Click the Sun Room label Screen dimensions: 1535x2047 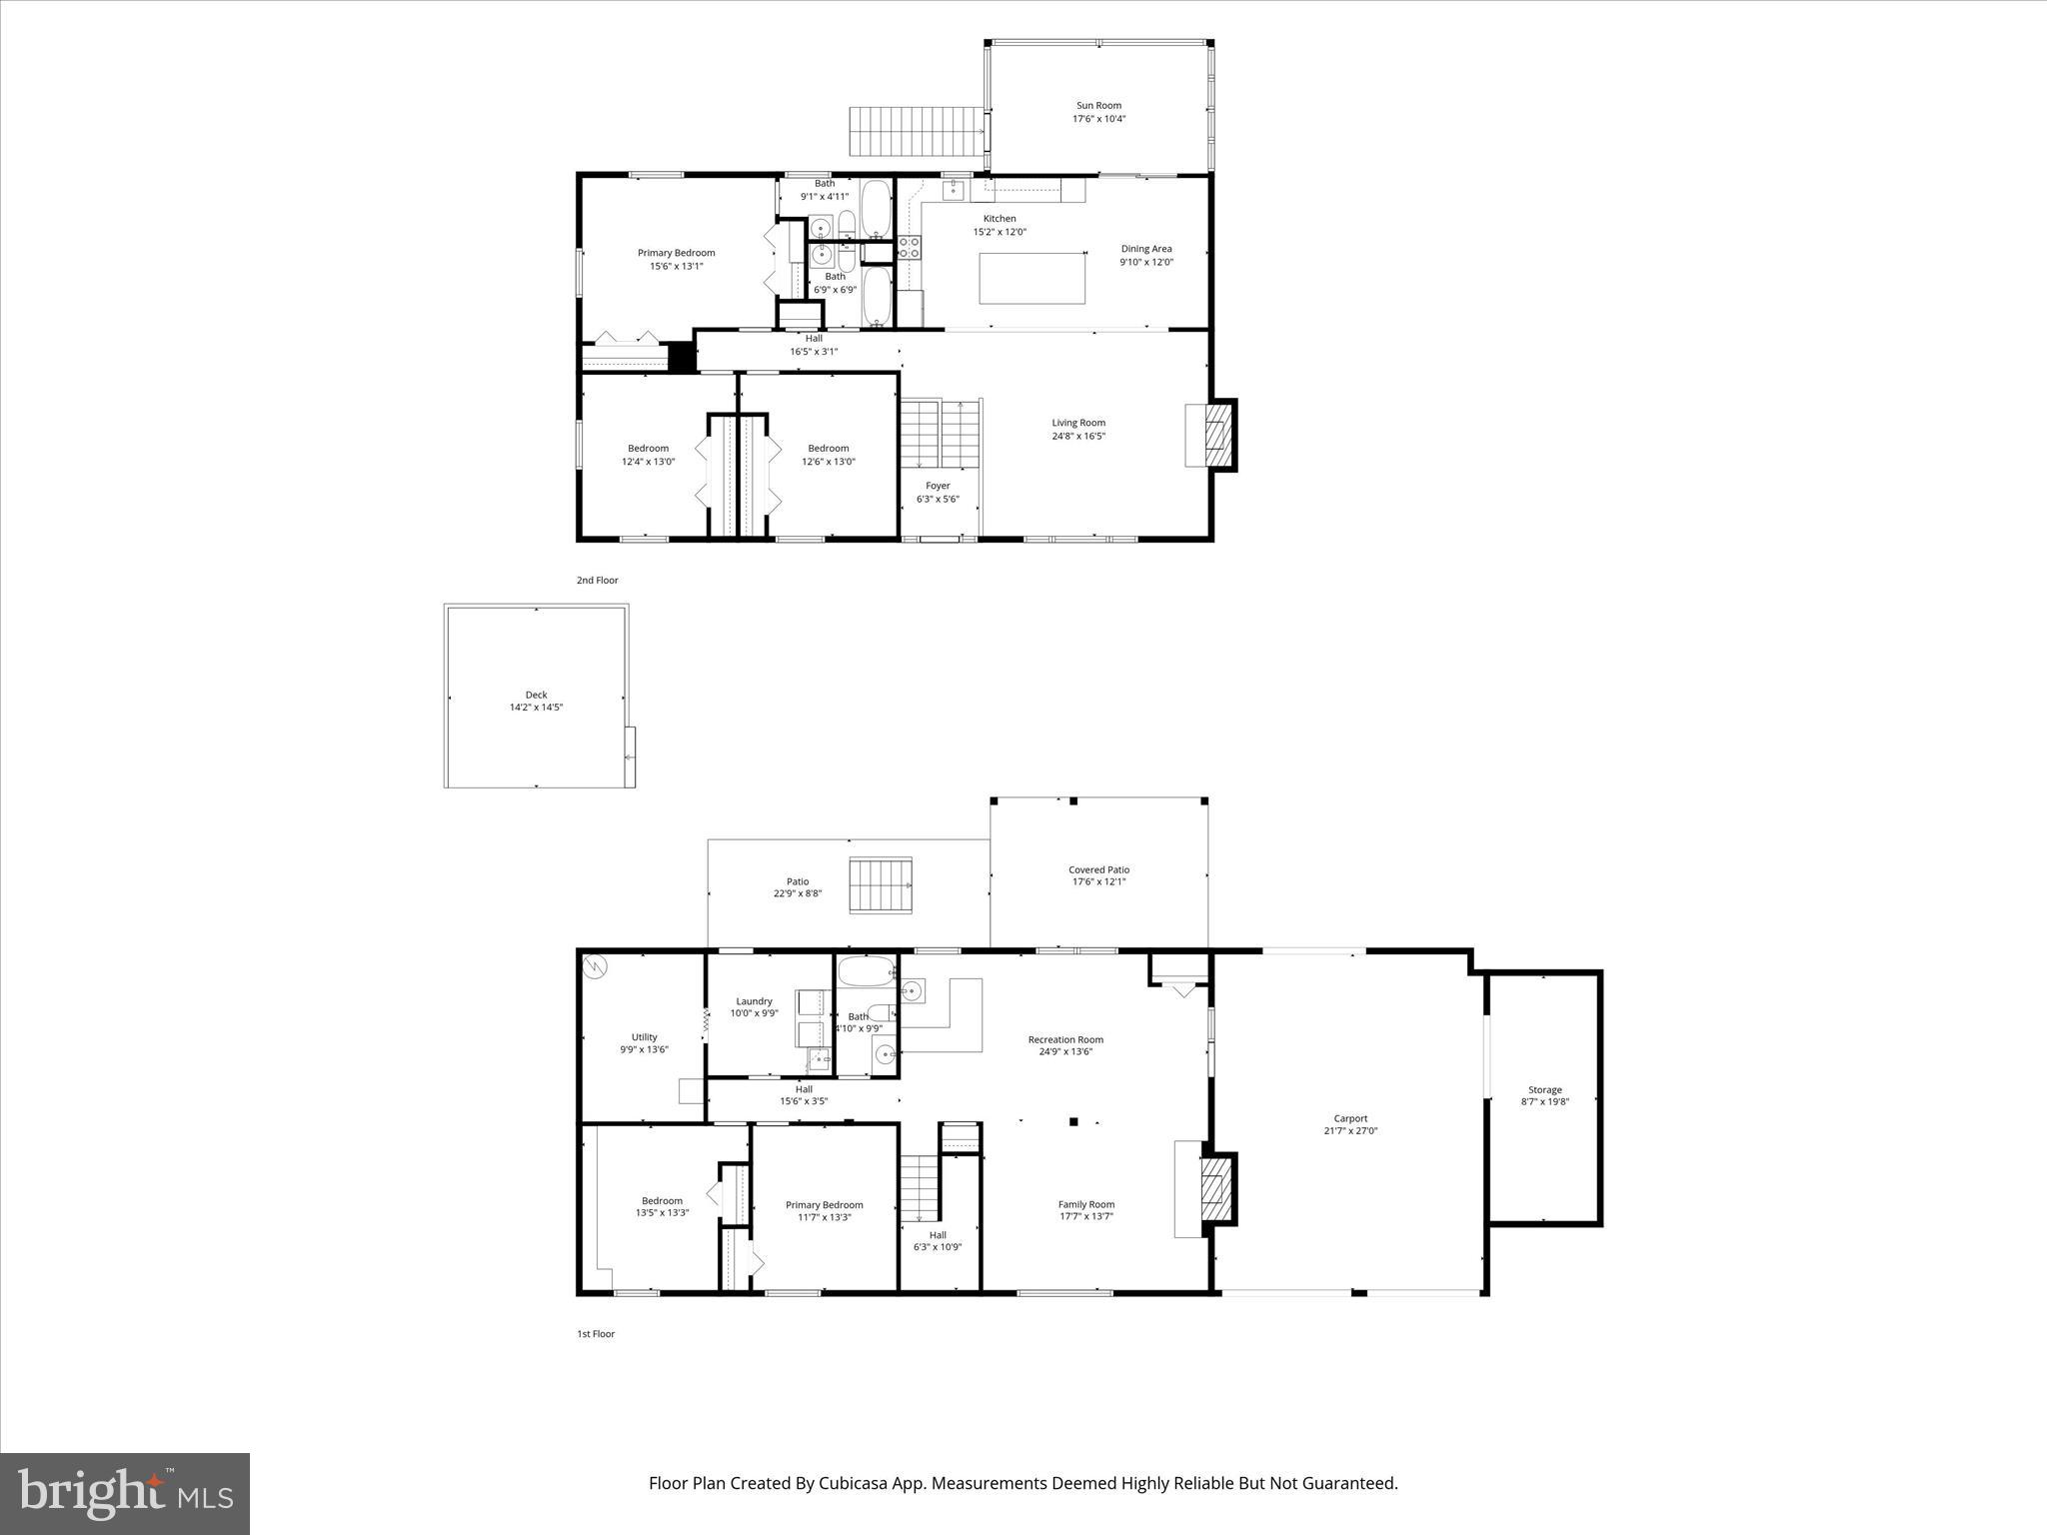1097,105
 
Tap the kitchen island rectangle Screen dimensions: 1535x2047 1031,278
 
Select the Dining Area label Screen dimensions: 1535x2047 1145,249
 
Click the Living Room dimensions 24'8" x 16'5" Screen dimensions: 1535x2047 1077,436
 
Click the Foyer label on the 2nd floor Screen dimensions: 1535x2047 938,486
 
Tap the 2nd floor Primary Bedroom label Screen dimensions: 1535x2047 676,253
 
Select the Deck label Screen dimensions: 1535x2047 536,695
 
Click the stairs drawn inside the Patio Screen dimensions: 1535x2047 881,884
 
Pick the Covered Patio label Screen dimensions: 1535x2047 1098,869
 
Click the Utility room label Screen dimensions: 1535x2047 644,1036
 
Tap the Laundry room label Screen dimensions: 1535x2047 754,1000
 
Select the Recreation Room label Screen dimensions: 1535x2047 1065,1039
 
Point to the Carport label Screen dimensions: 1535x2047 1350,1118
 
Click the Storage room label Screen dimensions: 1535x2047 1544,1089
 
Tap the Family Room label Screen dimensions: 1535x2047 1086,1204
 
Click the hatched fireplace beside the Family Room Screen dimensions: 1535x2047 1216,1188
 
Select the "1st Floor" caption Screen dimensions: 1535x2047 595,1333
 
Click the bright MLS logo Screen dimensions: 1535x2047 125,1492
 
